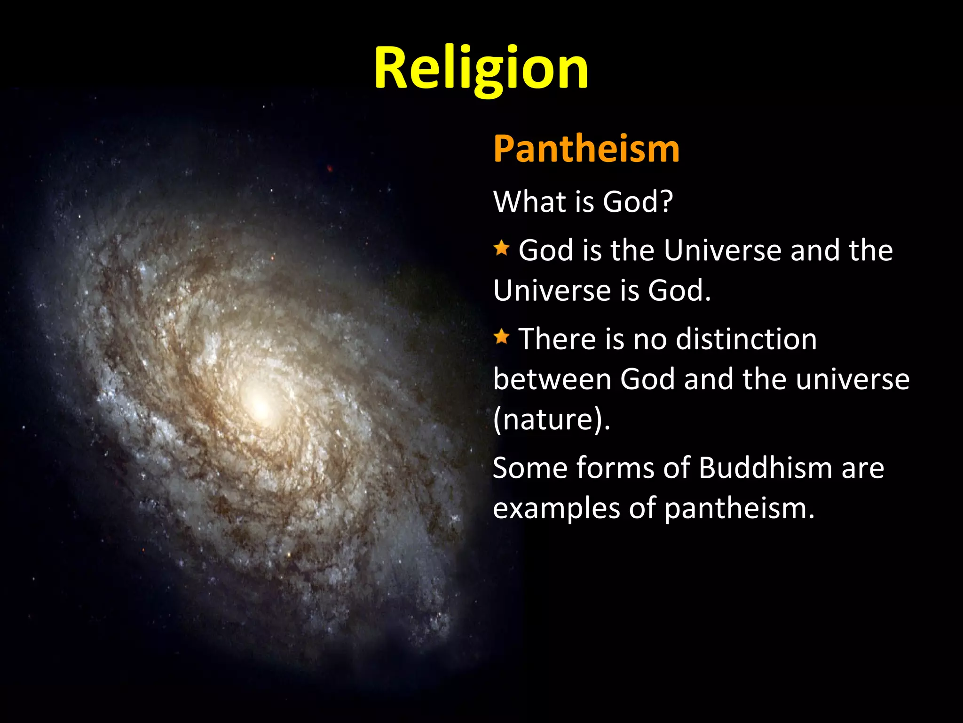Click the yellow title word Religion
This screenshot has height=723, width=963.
481,68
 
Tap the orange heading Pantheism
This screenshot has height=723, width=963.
586,149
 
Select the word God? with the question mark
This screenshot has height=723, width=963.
638,202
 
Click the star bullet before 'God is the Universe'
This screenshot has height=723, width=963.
502,248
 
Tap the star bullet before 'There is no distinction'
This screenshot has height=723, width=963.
502,337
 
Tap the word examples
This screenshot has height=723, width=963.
556,509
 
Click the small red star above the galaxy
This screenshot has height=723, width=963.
330,169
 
